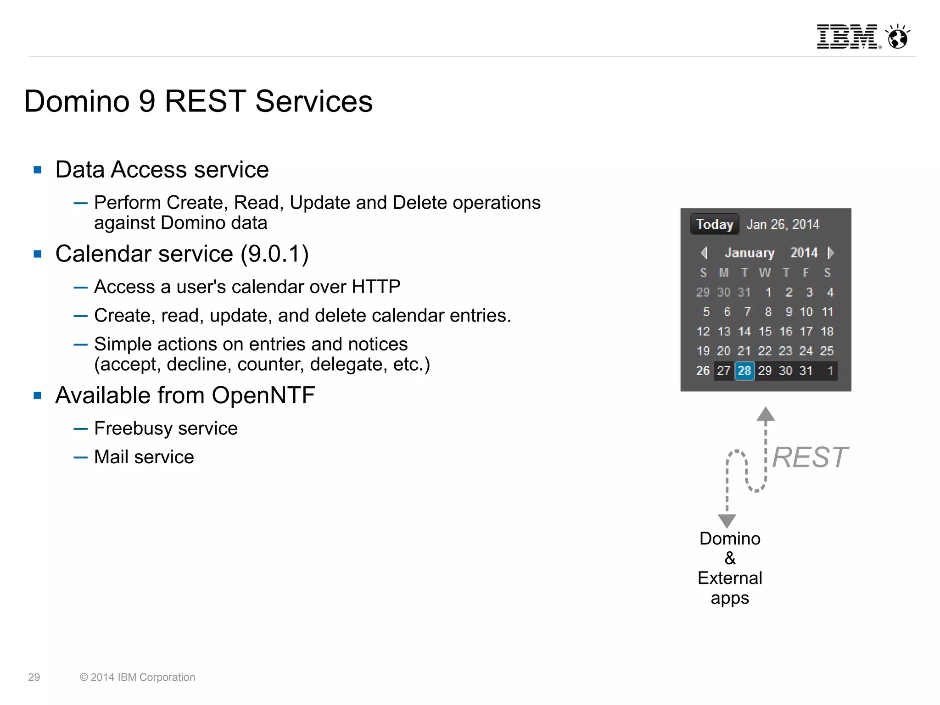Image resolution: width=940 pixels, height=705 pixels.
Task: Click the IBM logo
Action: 847,37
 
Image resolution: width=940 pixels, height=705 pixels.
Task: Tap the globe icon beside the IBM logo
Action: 898,37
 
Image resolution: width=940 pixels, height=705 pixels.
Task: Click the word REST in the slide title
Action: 205,101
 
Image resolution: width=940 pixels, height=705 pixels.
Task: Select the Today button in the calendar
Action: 715,224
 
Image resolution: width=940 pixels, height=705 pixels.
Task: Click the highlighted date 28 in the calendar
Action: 744,371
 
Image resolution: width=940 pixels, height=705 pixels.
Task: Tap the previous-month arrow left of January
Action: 704,253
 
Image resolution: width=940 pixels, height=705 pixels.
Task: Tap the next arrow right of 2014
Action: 830,253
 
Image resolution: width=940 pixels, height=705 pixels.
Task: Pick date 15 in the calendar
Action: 765,332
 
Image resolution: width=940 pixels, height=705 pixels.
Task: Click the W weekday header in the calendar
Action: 765,273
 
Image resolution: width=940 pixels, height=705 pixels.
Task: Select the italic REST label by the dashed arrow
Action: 810,457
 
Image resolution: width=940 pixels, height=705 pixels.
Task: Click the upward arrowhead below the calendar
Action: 766,414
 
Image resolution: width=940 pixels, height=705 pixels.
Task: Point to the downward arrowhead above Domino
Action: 727,521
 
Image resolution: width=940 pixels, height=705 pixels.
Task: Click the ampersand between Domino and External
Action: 730,558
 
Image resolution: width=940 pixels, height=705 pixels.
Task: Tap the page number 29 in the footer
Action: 34,677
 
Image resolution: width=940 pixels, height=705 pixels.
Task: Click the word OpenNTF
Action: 263,395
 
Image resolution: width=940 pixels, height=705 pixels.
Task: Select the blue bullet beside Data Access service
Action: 38,170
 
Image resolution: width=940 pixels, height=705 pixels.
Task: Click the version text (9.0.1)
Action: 274,254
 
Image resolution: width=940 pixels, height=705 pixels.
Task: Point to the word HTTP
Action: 376,287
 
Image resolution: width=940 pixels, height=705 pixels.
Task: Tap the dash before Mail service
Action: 80,457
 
